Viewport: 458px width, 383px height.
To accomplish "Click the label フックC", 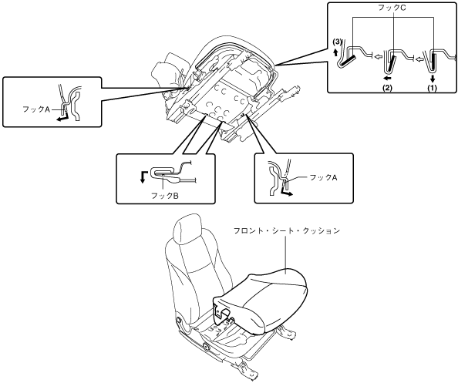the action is [392, 8].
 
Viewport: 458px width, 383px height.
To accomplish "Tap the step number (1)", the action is [432, 88].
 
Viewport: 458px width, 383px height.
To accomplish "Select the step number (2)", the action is [387, 88].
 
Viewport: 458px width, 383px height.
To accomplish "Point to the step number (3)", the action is [337, 42].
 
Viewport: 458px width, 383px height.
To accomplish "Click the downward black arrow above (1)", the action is [433, 79].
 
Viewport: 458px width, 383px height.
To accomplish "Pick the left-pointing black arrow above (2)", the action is [387, 78].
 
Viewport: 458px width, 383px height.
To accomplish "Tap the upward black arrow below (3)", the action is [336, 52].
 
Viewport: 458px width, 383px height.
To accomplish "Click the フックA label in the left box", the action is [36, 109].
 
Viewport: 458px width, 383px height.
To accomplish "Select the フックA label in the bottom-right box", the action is [323, 177].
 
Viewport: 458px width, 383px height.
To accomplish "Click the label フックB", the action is [165, 196].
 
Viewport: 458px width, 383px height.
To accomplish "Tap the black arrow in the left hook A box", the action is [62, 116].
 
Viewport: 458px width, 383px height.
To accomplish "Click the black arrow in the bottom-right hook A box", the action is [286, 192].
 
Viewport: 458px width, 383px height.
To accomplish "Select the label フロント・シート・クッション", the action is [287, 230].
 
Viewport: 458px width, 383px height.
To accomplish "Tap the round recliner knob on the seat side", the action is [207, 347].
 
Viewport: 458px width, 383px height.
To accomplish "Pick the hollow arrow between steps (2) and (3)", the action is [379, 56].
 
